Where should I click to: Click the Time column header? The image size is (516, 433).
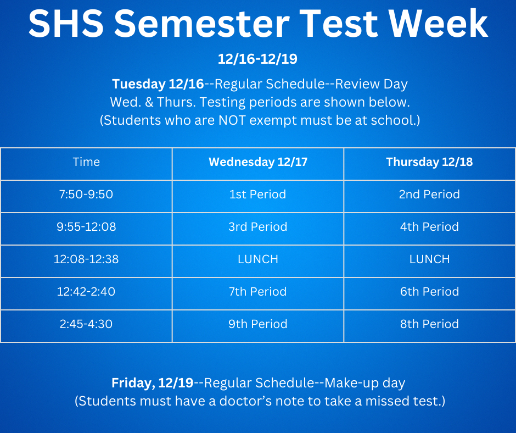pos(86,162)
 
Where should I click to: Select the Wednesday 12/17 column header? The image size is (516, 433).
pos(257,162)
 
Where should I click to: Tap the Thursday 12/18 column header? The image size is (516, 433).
pos(429,162)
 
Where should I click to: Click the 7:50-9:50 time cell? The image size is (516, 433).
pos(86,195)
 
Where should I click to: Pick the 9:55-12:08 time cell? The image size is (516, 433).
pos(86,227)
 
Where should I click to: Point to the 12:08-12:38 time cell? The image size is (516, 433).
pos(86,259)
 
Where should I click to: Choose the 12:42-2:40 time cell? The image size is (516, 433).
pos(86,292)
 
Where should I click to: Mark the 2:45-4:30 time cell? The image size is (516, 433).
pos(86,324)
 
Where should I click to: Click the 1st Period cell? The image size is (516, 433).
pos(257,195)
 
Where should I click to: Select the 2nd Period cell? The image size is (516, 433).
pos(429,195)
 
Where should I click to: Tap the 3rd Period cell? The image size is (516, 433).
pos(257,227)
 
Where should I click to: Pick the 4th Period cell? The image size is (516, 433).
pos(429,227)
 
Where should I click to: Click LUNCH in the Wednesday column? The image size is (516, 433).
pos(257,259)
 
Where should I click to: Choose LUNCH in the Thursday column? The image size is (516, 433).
pos(429,259)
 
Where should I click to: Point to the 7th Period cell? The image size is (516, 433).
pos(257,292)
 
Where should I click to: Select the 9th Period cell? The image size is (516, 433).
pos(257,324)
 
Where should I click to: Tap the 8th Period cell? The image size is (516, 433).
pos(429,324)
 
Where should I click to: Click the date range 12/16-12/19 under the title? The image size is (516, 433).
pos(257,59)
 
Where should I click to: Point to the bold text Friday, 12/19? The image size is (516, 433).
pos(153,382)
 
